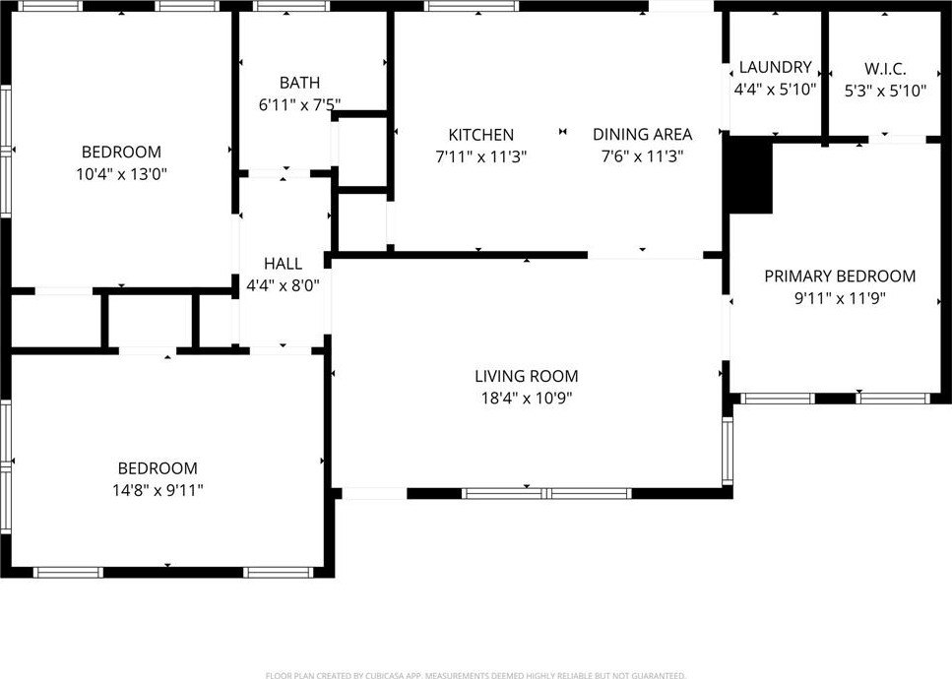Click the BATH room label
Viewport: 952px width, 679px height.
coord(299,83)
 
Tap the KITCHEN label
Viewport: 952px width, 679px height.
coord(480,135)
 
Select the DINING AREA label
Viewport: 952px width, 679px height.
coord(642,134)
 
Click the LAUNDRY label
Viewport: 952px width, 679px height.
coord(776,67)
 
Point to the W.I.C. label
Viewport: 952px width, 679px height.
coord(885,69)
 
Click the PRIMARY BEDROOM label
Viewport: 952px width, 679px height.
coord(840,277)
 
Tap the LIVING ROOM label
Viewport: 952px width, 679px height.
coord(527,376)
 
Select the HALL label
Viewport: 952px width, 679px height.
coord(283,264)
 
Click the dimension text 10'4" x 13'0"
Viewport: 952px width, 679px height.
coord(121,175)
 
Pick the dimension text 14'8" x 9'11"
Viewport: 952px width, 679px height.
coord(158,490)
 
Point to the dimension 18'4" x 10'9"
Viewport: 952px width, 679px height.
coord(527,399)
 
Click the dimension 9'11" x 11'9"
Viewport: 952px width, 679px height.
coord(841,298)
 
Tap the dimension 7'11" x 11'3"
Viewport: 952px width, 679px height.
coord(480,157)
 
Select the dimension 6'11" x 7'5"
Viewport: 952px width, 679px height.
coord(299,105)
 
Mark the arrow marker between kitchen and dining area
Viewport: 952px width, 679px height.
coord(563,131)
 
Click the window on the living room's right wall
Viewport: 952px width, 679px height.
coord(728,451)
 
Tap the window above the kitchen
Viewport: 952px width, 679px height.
coord(472,6)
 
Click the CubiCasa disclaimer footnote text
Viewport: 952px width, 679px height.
coord(476,675)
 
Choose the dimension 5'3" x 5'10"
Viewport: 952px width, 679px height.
coord(885,91)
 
